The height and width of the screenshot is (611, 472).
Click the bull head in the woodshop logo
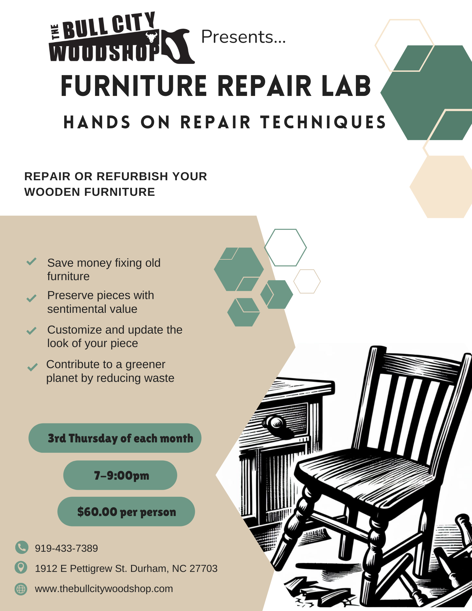click(151, 37)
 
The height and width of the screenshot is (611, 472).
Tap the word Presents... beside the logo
click(243, 37)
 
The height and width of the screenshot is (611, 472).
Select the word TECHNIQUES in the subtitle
click(323, 122)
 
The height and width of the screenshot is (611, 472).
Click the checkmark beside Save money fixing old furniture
click(31, 261)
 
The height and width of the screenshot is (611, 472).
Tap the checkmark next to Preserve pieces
click(31, 298)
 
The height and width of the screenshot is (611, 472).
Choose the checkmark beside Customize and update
click(31, 331)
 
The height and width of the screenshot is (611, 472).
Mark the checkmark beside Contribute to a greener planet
click(32, 367)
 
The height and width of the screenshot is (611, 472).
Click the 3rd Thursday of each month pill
click(115, 438)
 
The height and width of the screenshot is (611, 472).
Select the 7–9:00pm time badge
click(120, 475)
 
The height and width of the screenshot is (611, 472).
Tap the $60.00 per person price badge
click(126, 511)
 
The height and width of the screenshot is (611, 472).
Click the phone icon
click(22, 547)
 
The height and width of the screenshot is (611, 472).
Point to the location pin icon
click(21, 567)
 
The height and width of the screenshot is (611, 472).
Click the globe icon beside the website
click(21, 589)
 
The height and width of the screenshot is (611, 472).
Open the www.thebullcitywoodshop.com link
click(104, 589)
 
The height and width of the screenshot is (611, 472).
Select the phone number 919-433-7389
click(66, 548)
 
